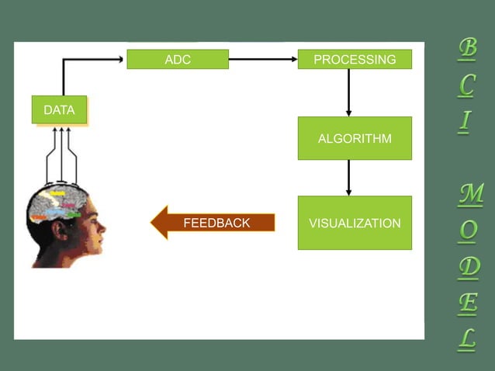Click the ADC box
tap(178, 59)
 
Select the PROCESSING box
tap(355, 59)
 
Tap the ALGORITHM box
tap(355, 138)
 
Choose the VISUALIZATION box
tap(355, 223)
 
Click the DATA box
tap(59, 110)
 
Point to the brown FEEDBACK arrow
tap(213, 223)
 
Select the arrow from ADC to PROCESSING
tap(263, 59)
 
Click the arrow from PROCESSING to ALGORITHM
tap(348, 92)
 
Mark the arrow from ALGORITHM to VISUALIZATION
tap(348, 178)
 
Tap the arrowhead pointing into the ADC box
tap(120, 59)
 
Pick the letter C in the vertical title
tap(466, 85)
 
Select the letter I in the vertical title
tap(465, 121)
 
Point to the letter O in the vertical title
tap(468, 231)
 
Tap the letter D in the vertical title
tap(468, 266)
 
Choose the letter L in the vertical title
tap(466, 338)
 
